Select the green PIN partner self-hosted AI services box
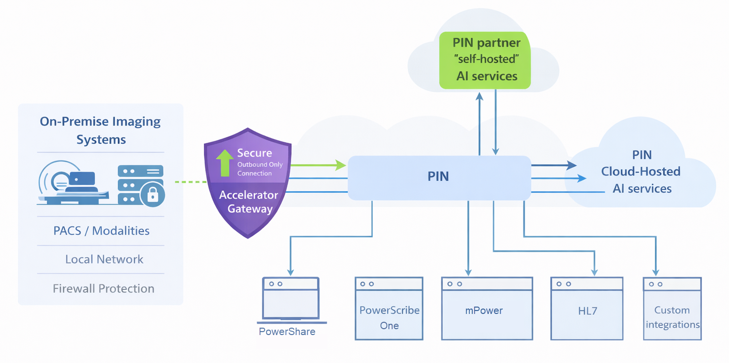(x=485, y=60)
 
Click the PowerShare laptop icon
(x=291, y=300)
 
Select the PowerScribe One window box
(x=389, y=309)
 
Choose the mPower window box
(x=487, y=309)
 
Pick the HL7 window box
(x=587, y=309)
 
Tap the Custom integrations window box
(x=672, y=309)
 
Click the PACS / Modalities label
(x=101, y=231)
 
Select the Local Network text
(x=104, y=259)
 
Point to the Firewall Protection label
(x=103, y=288)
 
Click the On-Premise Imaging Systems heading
(x=101, y=130)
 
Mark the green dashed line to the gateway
(x=191, y=182)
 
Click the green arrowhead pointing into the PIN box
(x=341, y=165)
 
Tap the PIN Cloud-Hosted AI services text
(x=642, y=172)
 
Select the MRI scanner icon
(x=69, y=184)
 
